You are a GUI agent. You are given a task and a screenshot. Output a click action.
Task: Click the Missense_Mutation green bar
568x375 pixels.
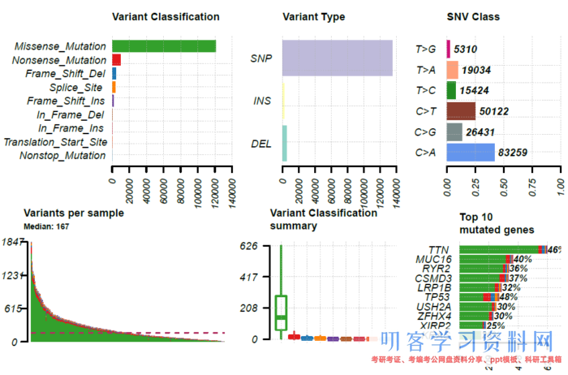164,46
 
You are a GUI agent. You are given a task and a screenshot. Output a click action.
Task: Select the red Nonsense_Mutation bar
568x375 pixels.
116,60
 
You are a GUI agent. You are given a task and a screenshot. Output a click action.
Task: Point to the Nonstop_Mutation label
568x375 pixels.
62,155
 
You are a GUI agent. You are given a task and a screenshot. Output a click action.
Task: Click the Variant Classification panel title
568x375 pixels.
166,16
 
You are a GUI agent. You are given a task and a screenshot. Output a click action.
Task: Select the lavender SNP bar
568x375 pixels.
337,58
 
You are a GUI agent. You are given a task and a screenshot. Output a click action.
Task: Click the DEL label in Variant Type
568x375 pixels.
260,144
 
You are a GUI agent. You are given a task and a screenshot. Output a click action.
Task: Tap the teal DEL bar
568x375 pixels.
285,143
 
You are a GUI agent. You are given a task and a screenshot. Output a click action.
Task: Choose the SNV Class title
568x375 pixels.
473,16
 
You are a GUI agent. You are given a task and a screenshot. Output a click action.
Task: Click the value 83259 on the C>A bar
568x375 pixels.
514,152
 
